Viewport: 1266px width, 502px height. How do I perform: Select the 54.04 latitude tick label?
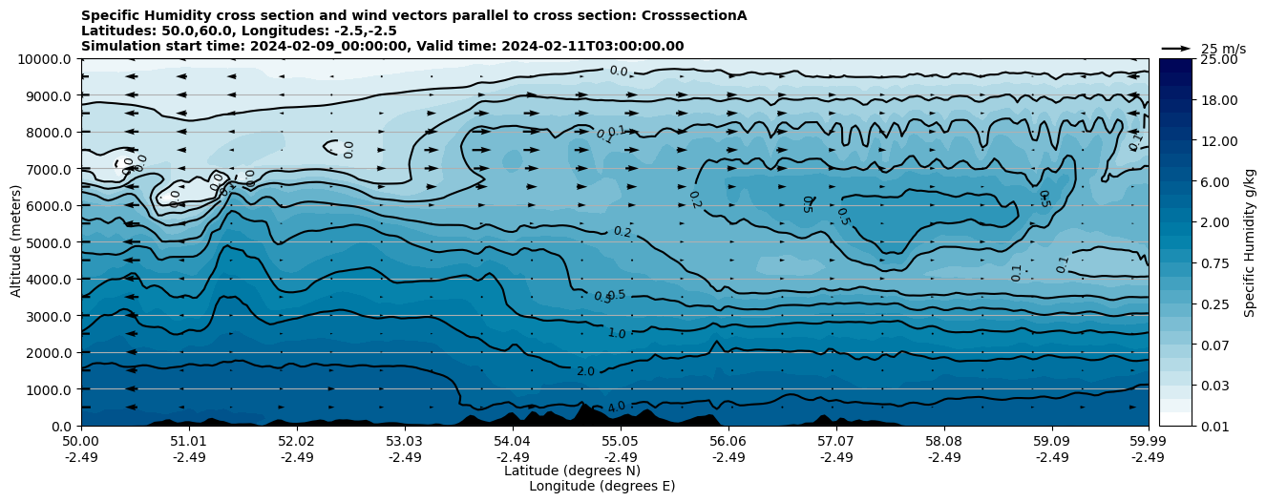pyautogui.click(x=512, y=442)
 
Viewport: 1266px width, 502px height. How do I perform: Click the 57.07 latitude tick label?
pyautogui.click(x=835, y=442)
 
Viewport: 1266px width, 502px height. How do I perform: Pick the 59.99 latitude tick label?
pyautogui.click(x=1148, y=442)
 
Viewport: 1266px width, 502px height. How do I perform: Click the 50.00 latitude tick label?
pyautogui.click(x=81, y=442)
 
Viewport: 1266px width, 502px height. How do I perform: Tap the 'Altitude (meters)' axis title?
pyautogui.click(x=16, y=242)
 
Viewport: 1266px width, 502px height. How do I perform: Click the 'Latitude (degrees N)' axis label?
pyautogui.click(x=572, y=471)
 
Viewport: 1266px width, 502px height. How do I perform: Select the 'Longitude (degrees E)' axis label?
pyautogui.click(x=601, y=486)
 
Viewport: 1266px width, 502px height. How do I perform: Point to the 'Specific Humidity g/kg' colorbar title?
pyautogui.click(x=1250, y=242)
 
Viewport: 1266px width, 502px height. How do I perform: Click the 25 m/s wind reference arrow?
pyautogui.click(x=1175, y=48)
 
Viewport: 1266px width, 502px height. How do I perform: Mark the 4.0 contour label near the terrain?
pyautogui.click(x=616, y=408)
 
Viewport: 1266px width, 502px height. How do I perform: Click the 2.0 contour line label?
pyautogui.click(x=585, y=371)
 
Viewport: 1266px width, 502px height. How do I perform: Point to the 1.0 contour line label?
pyautogui.click(x=617, y=333)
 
